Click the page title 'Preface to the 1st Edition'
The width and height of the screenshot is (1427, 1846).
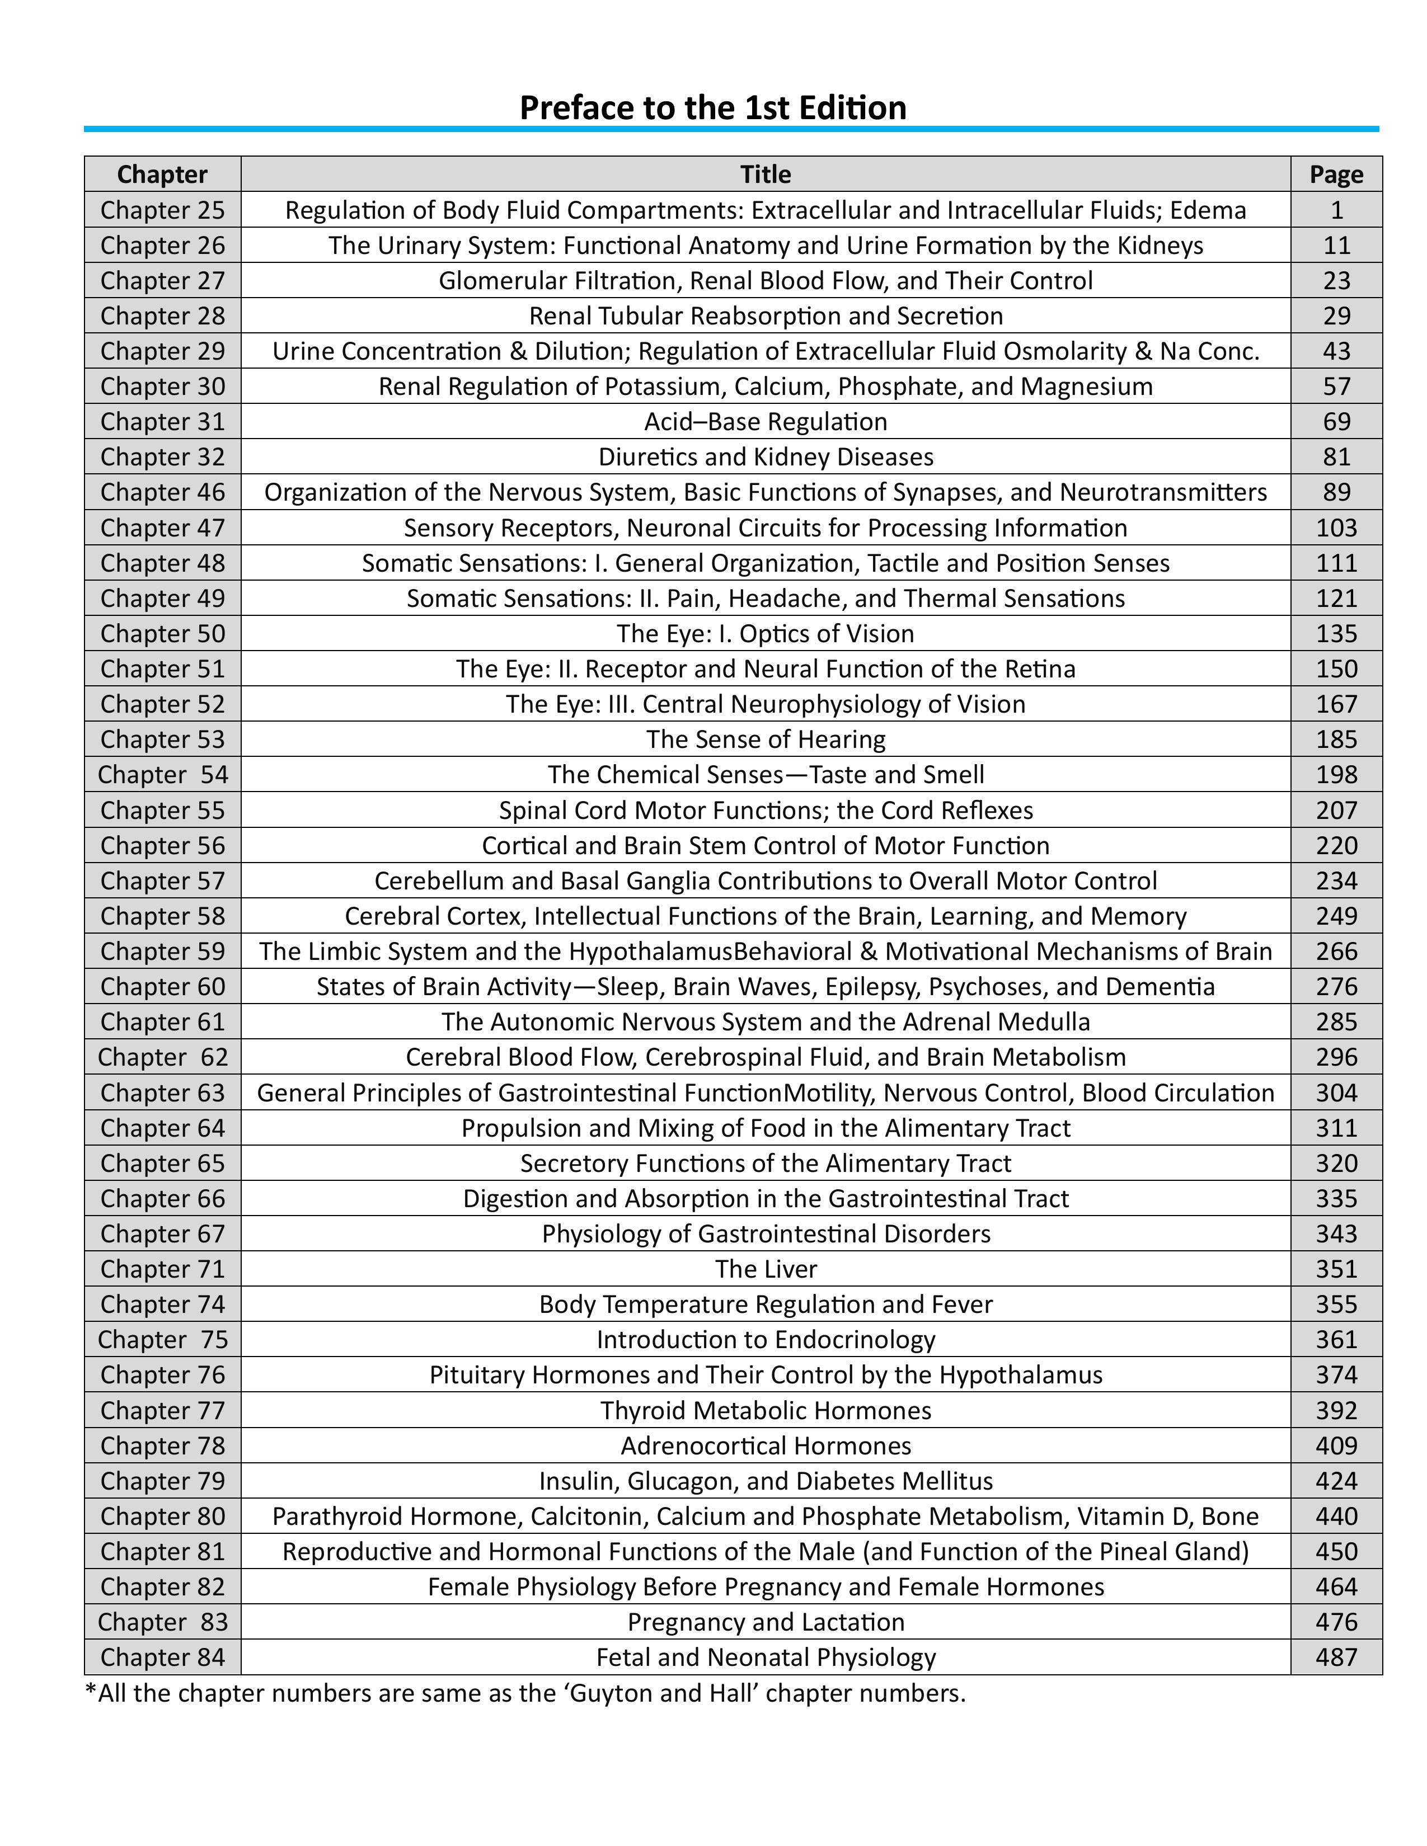coord(712,108)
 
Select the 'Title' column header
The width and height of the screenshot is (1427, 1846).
coord(765,174)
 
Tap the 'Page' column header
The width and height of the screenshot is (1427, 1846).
coord(1336,174)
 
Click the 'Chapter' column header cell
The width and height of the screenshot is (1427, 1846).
coord(162,174)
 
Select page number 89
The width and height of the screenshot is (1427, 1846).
coord(1336,492)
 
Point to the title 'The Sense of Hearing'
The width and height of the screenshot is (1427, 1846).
coord(765,740)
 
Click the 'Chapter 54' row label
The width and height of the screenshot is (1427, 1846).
coord(162,774)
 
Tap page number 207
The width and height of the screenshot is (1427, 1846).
coord(1336,810)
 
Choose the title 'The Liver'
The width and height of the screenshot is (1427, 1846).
coord(765,1269)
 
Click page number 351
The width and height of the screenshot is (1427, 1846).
coord(1336,1269)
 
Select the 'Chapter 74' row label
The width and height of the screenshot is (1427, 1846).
coord(162,1304)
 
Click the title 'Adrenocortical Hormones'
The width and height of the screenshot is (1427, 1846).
coord(765,1445)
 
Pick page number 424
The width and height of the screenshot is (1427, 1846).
coord(1336,1481)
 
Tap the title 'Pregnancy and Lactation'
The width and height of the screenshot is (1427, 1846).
coord(765,1622)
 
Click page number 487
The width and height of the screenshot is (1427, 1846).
coord(1336,1657)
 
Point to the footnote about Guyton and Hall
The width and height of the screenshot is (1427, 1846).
coord(525,1694)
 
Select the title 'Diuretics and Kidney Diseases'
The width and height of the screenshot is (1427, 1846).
coord(765,456)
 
